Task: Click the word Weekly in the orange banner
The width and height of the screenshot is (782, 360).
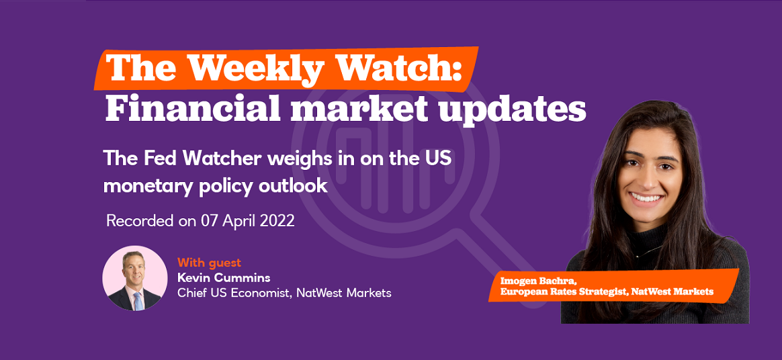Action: point(240,69)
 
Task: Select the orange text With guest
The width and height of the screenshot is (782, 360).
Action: point(209,262)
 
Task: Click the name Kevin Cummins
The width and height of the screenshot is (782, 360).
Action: point(217,277)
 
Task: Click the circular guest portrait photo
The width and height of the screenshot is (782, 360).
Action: point(134,278)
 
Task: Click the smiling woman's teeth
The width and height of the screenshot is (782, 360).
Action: point(646,198)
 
